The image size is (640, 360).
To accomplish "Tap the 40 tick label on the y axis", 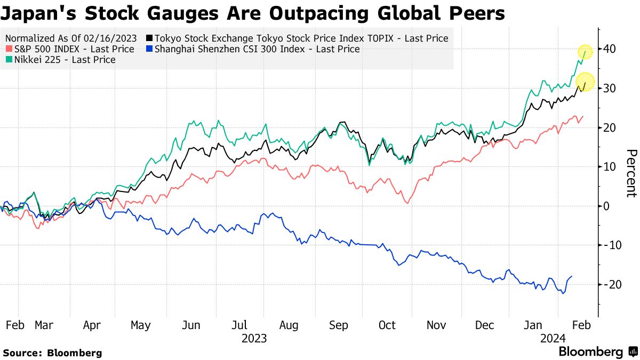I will pos(610,49).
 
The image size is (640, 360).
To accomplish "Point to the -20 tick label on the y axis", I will pos(608,284).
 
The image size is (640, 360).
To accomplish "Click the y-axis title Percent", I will pos(631,173).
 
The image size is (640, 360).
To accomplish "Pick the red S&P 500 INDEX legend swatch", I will pos(7,49).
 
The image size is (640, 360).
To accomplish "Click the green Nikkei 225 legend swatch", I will pos(7,60).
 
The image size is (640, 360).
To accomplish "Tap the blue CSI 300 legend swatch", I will pos(150,49).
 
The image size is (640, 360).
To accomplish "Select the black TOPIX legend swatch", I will pos(150,38).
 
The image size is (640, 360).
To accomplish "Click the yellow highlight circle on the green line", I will pos(586,51).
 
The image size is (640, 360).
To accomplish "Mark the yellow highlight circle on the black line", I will pos(586,83).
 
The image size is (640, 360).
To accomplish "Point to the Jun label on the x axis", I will pos(191,325).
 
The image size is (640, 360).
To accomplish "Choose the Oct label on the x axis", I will pos(387,325).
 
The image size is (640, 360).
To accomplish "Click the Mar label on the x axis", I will pos(44,325).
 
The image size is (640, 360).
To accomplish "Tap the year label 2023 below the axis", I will pos(254,339).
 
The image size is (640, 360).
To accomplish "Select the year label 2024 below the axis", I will pos(553,339).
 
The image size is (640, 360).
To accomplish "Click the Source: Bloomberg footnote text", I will pos(52,353).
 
